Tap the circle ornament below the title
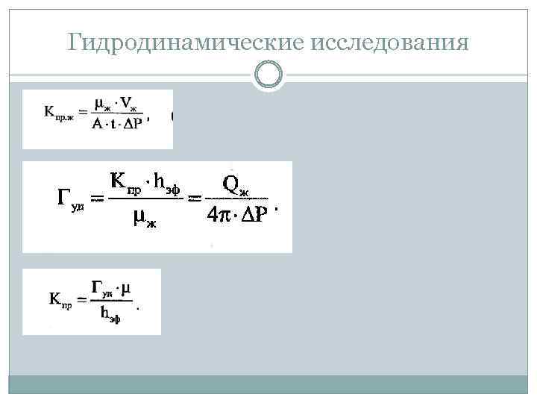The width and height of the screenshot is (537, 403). point(268,75)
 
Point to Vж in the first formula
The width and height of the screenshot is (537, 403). point(134,104)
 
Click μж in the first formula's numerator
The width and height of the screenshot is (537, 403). point(106,104)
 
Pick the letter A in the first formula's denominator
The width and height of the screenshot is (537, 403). point(98,125)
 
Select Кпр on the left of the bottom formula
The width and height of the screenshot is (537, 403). point(60,300)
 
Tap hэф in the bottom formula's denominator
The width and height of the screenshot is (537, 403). point(109,315)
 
